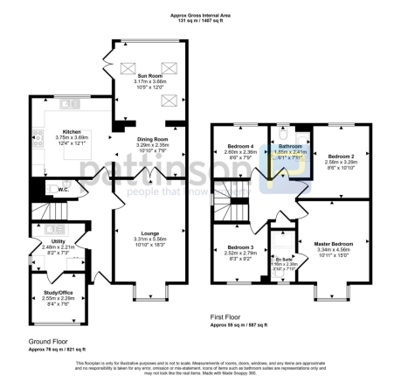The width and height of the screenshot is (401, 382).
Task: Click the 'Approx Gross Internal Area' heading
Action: pos(200,16)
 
